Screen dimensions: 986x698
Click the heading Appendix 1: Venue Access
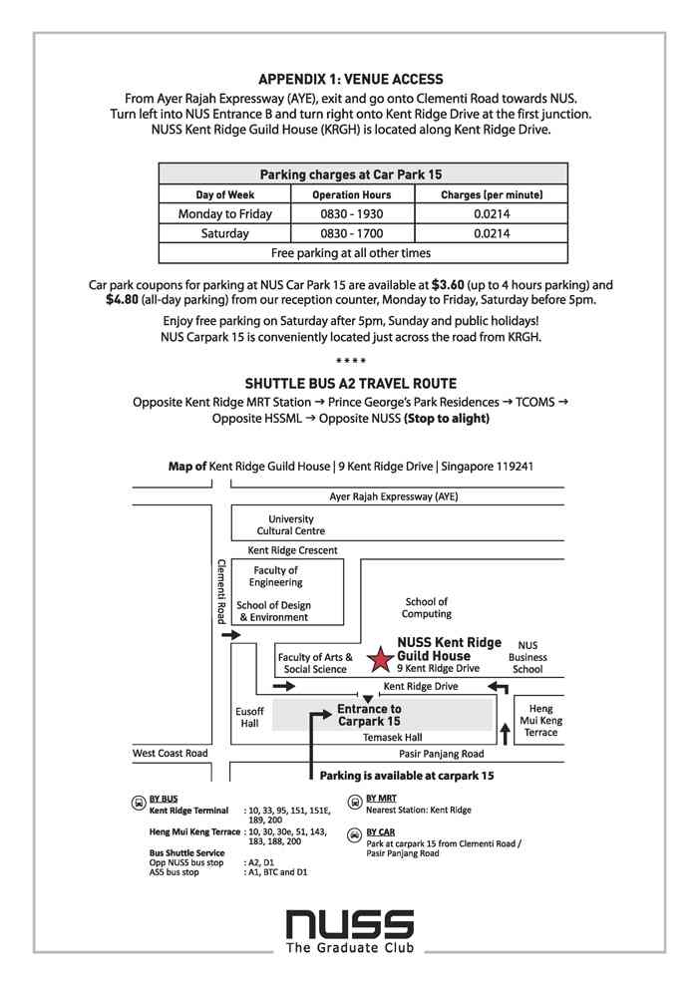coord(350,79)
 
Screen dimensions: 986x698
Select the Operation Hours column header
coord(351,194)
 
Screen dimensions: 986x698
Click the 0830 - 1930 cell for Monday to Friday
coord(351,214)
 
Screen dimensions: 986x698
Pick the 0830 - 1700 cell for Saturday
coord(351,233)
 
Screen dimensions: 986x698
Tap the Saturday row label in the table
coord(224,233)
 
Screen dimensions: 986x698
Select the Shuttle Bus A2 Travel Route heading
coord(350,383)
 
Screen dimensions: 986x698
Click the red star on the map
coord(380,659)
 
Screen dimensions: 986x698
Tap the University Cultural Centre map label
coord(290,524)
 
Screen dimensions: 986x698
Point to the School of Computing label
coord(427,607)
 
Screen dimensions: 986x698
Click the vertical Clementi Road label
coord(221,591)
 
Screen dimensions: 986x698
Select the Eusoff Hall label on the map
coord(248,718)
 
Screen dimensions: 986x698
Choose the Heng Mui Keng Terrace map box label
coord(539,720)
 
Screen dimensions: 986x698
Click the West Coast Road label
coord(170,754)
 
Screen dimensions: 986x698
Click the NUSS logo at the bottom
coord(349,921)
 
